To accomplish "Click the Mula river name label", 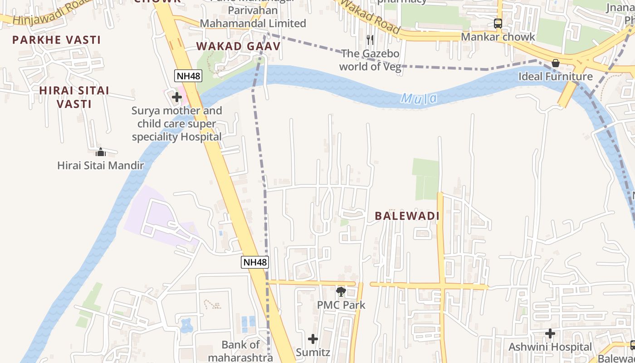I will (419, 98).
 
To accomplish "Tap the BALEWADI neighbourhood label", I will (407, 216).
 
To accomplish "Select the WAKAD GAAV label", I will (238, 46).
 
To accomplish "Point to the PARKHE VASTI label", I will (56, 40).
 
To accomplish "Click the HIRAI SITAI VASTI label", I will (74, 97).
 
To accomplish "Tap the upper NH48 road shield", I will (188, 76).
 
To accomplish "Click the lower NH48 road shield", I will (254, 262).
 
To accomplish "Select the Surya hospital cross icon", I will (177, 97).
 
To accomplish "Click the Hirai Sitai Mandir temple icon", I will (101, 152).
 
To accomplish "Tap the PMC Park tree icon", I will (341, 292).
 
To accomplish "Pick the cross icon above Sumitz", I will (313, 339).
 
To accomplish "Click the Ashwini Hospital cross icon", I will (550, 334).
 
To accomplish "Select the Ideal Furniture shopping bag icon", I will (556, 63).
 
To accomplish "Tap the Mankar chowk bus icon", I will (498, 24).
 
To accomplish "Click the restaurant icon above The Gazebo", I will (370, 40).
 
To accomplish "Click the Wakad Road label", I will (370, 17).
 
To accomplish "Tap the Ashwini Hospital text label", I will (550, 347).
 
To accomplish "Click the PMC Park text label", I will (341, 305).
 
